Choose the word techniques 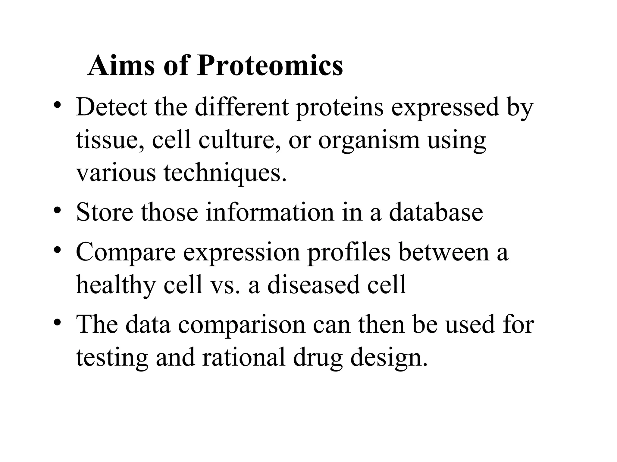225,174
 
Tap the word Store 105,212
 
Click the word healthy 116,285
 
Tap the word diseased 313,285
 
